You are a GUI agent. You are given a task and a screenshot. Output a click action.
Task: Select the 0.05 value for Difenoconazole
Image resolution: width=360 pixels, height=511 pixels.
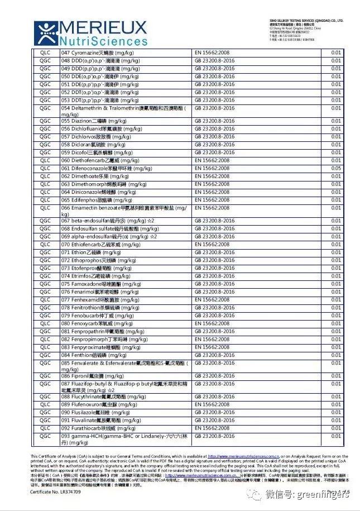coord(335,168)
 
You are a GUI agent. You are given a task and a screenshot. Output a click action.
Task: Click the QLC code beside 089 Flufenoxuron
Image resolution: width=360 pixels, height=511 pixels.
coord(45,404)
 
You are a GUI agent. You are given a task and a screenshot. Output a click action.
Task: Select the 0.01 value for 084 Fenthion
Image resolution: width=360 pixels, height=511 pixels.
coord(335,355)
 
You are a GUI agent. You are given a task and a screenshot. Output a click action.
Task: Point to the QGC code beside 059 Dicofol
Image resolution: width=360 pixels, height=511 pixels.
coord(45,152)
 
